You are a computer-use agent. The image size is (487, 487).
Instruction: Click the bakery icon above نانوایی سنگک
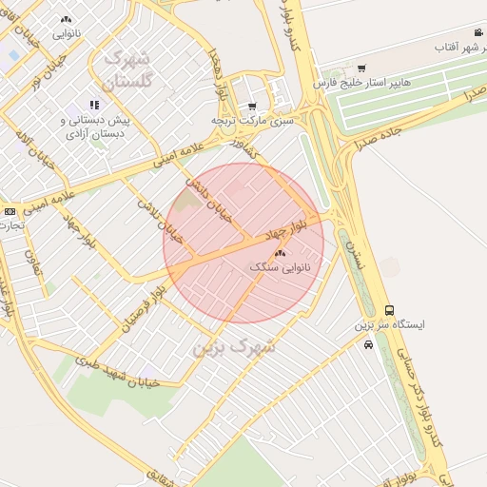click(279, 254)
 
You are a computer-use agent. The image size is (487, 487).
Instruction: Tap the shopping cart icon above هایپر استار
click(360, 68)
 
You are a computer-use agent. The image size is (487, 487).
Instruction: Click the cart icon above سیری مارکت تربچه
click(251, 107)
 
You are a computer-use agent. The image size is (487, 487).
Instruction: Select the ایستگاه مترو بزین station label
click(390, 324)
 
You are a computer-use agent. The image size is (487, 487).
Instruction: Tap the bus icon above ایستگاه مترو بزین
click(389, 310)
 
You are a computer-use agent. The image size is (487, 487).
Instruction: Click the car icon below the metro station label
click(368, 344)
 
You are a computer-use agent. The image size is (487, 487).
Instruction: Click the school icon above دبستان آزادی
click(94, 106)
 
